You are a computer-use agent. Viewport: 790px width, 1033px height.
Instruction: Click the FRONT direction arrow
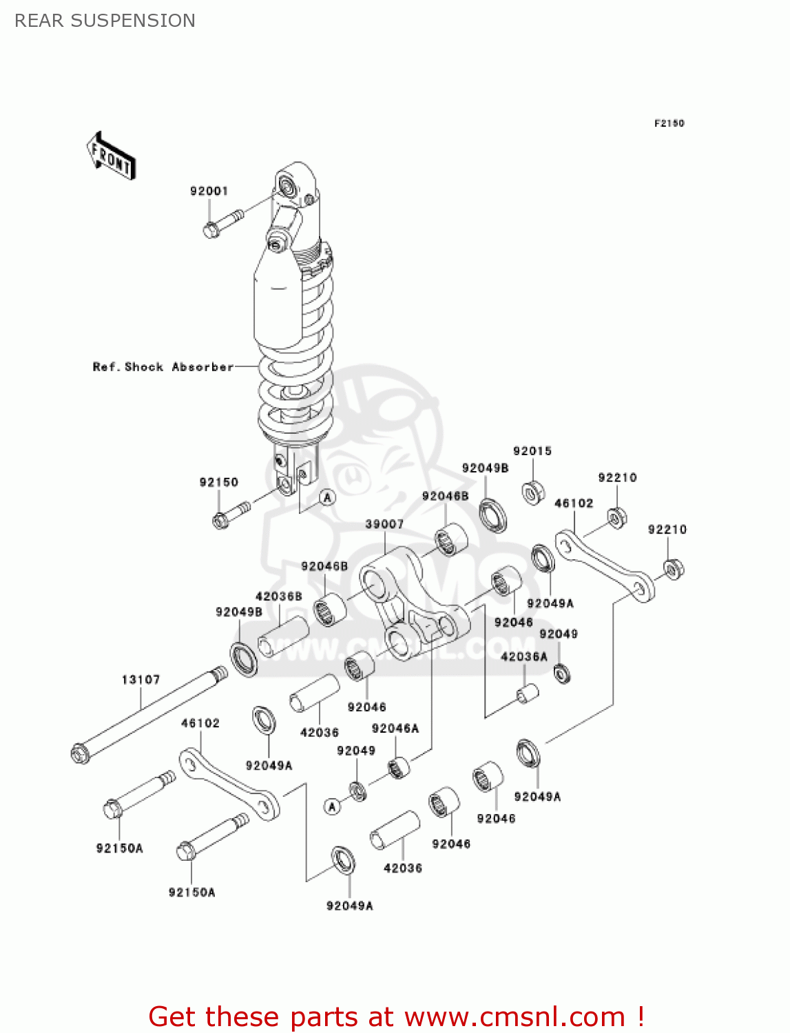[x=111, y=156]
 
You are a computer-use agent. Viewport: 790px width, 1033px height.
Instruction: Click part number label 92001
[x=209, y=191]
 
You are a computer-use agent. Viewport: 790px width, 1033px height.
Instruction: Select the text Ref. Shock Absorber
[x=163, y=367]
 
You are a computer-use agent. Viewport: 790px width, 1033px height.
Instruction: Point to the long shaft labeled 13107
[x=148, y=713]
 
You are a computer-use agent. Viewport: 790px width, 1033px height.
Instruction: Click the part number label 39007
[x=384, y=524]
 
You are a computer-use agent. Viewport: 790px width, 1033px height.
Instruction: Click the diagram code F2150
[x=669, y=123]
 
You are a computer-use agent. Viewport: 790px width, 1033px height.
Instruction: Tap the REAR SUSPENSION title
[x=105, y=21]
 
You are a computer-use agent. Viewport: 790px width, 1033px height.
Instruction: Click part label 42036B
[x=279, y=596]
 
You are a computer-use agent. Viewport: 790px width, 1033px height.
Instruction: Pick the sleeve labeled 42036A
[x=528, y=693]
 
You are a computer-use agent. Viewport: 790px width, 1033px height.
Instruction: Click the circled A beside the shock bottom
[x=328, y=497]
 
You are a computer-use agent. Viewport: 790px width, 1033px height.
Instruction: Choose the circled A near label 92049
[x=333, y=806]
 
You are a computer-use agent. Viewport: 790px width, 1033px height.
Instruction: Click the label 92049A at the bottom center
[x=350, y=906]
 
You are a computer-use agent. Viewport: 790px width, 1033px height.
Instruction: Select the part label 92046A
[x=395, y=728]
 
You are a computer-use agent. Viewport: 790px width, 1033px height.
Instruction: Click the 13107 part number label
[x=141, y=680]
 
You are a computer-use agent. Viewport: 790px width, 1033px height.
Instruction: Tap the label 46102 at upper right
[x=574, y=503]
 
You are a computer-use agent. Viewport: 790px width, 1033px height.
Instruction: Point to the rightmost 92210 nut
[x=673, y=570]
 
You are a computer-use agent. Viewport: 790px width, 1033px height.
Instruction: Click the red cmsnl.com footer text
[x=396, y=1016]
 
